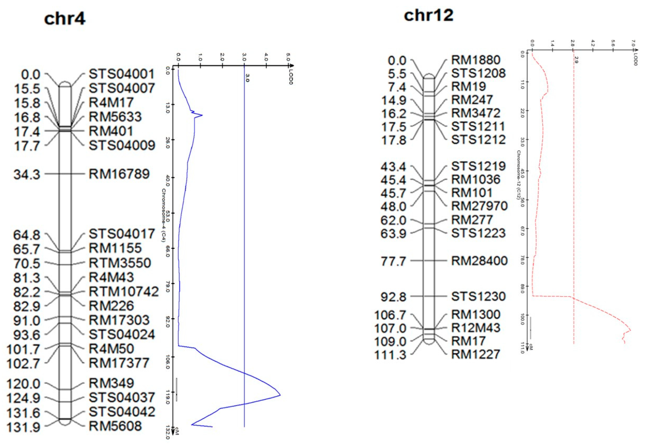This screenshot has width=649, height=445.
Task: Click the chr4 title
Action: [x=65, y=19]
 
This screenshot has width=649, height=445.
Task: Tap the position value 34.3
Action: [x=27, y=175]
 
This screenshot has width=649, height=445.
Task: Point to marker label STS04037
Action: [x=122, y=398]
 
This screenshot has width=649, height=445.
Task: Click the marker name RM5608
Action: [x=115, y=426]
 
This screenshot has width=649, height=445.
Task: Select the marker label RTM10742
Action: [x=123, y=292]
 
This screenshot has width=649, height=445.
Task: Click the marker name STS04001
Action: [x=122, y=74]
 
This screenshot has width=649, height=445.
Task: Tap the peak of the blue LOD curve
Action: [x=280, y=395]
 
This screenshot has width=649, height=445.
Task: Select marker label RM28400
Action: [x=479, y=261]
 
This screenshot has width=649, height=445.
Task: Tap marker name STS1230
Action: [x=478, y=296]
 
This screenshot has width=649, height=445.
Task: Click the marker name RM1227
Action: [x=476, y=354]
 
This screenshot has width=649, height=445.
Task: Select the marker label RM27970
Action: [x=479, y=206]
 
